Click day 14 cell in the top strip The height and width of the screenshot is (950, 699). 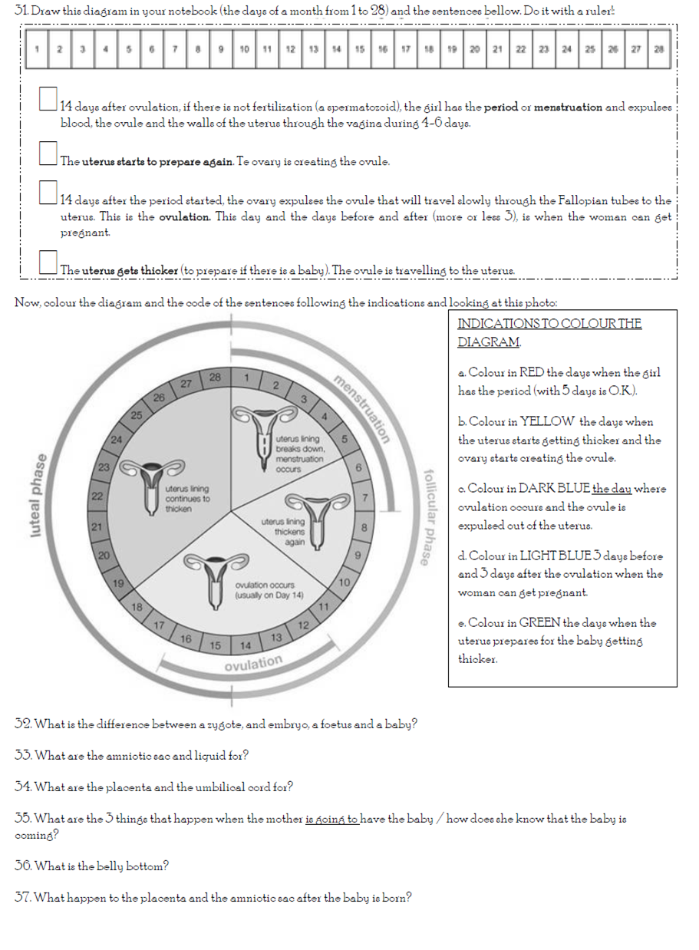pos(336,49)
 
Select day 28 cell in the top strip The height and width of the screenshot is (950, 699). pos(659,49)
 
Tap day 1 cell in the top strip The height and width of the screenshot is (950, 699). pos(36,49)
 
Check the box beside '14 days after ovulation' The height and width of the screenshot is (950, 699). pos(48,98)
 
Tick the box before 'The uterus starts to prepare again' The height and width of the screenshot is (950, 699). pos(48,153)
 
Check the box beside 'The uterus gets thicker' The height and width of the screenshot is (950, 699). pos(48,262)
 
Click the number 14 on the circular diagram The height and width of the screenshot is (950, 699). pos(246,645)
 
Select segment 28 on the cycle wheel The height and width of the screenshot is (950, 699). pos(214,377)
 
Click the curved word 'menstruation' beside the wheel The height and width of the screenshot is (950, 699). pos(361,409)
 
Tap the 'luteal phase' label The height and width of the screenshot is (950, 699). pos(36,495)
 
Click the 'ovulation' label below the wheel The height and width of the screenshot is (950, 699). pos(253,663)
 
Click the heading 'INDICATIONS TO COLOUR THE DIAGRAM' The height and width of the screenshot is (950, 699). pos(549,332)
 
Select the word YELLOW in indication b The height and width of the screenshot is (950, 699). pos(546,421)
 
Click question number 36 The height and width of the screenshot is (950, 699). pos(23,866)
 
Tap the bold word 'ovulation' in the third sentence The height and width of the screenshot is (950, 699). pos(184,216)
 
